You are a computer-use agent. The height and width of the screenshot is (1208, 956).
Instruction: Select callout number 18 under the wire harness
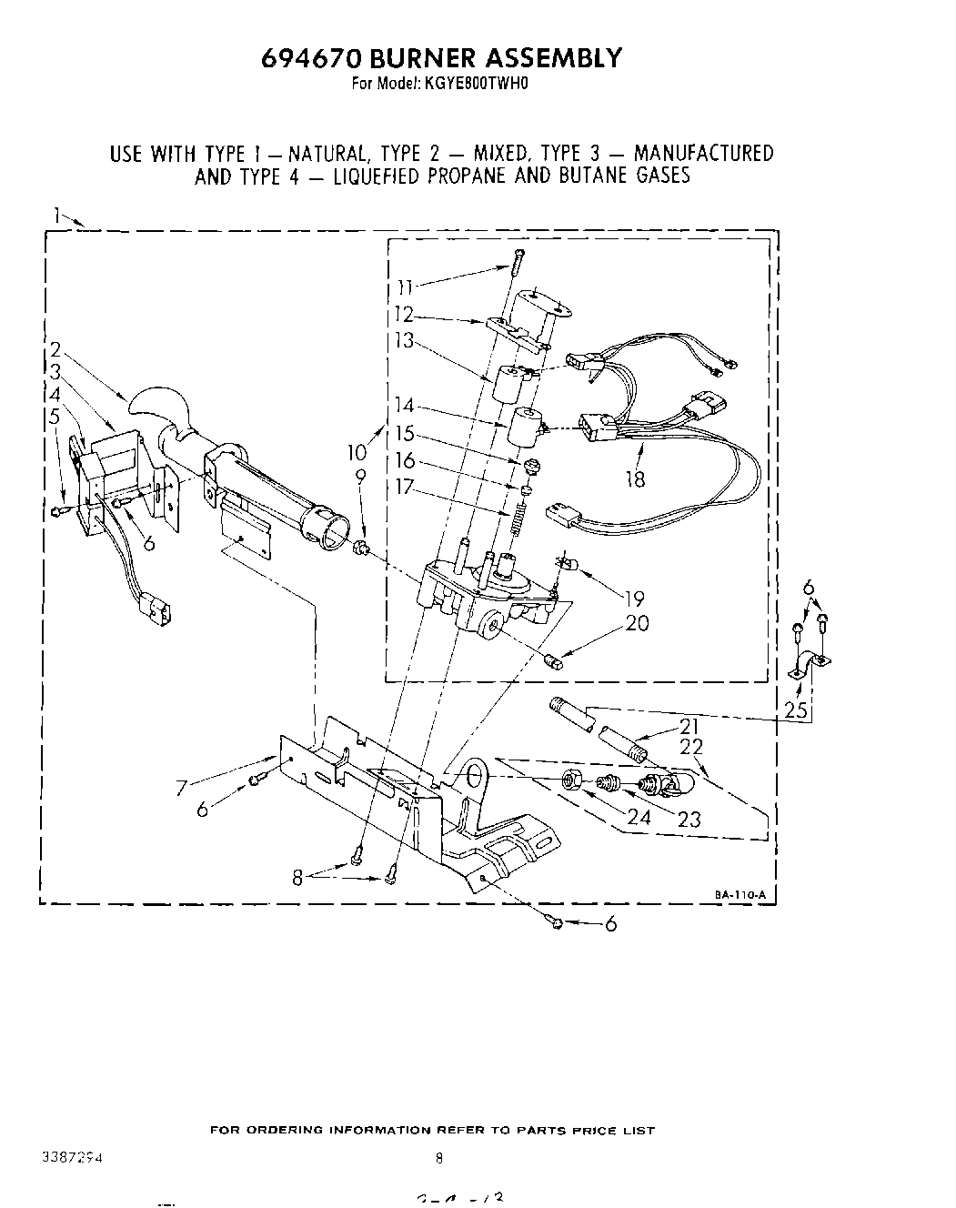635,478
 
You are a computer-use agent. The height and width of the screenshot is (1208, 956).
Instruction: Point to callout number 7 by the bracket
182,789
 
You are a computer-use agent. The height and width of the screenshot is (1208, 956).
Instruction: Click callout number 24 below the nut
639,816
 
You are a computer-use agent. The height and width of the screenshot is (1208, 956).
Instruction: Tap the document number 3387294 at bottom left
72,1159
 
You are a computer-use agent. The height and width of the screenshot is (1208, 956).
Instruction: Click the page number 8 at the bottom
438,1159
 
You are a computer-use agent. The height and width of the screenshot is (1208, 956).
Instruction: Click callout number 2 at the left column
55,348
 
